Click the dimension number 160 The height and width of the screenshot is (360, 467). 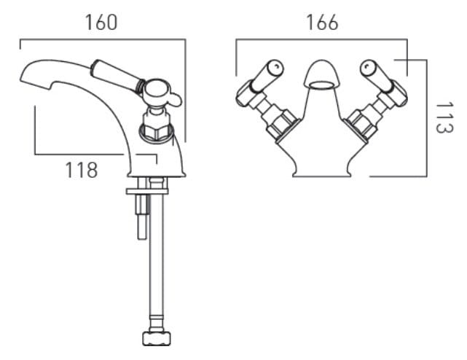[x=101, y=22]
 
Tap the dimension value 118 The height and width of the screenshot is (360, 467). [x=82, y=171]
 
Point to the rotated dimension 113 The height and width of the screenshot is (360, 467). [x=440, y=115]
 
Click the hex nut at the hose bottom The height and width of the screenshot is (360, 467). [x=157, y=339]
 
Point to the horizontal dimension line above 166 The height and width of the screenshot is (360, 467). [x=321, y=40]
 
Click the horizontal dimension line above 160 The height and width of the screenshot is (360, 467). [x=102, y=40]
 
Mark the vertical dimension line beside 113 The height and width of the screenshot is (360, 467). [x=424, y=117]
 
